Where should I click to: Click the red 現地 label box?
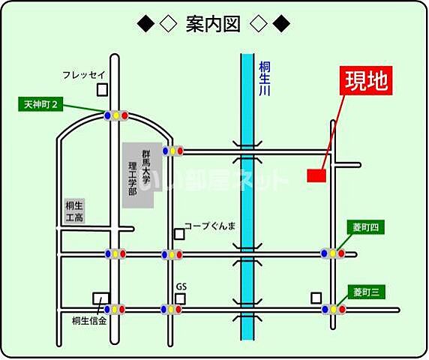(x=367, y=81)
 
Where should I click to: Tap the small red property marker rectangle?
(x=316, y=175)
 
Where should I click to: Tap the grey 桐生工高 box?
(x=73, y=211)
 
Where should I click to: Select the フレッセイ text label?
(x=83, y=74)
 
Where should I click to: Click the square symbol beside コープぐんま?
(x=179, y=234)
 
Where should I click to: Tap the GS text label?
(x=181, y=286)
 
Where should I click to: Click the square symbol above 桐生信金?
(x=99, y=298)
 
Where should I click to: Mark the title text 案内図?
(x=213, y=25)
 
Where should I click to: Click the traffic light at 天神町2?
(x=115, y=115)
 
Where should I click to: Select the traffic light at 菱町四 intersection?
(x=332, y=253)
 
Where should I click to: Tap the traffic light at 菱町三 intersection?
(x=334, y=309)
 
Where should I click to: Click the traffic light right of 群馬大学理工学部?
(x=174, y=151)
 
